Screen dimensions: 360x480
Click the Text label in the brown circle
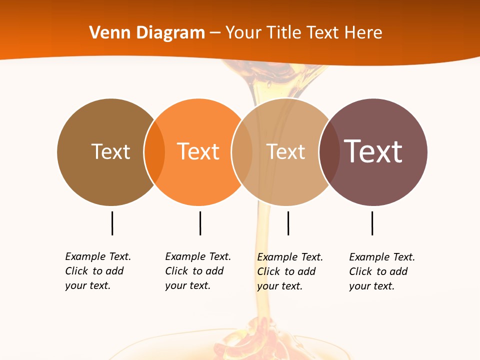click(110, 151)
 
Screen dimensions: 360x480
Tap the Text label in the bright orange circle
click(198, 151)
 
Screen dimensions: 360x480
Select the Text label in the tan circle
click(285, 151)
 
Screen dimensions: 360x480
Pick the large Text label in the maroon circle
click(373, 151)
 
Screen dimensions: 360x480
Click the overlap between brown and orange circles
click(154, 152)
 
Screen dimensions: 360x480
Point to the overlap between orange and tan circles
click(242, 152)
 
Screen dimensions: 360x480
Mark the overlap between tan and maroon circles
click(329, 152)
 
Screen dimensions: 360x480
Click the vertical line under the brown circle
click(112, 223)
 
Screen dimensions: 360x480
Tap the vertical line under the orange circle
click(200, 223)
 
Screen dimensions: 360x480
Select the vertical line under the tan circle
click(288, 223)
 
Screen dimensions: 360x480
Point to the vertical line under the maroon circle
click(372, 223)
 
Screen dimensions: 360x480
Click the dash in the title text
click(215, 33)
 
